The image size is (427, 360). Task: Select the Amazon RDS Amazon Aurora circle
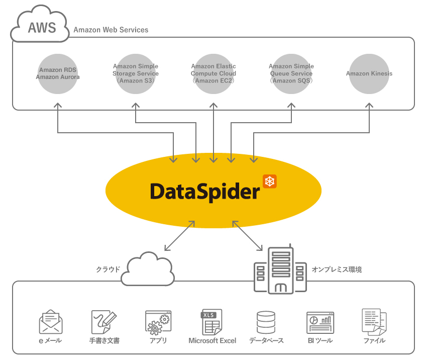tap(58, 74)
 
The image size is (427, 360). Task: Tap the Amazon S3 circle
tap(136, 74)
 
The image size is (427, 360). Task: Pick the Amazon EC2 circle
tap(213, 74)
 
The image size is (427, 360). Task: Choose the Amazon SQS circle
tap(291, 74)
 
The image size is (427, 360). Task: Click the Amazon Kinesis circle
tap(369, 74)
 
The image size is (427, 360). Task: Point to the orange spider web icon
tap(270, 182)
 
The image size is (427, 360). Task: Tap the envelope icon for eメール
tap(51, 322)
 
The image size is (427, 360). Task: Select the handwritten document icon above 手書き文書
tap(103, 322)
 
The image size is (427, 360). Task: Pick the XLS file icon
tap(211, 322)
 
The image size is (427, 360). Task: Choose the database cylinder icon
tap(266, 322)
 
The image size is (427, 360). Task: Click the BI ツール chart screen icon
tap(320, 322)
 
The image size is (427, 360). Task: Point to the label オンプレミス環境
tap(337, 269)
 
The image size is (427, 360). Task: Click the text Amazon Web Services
tap(111, 30)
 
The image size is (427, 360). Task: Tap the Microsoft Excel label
tap(212, 341)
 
